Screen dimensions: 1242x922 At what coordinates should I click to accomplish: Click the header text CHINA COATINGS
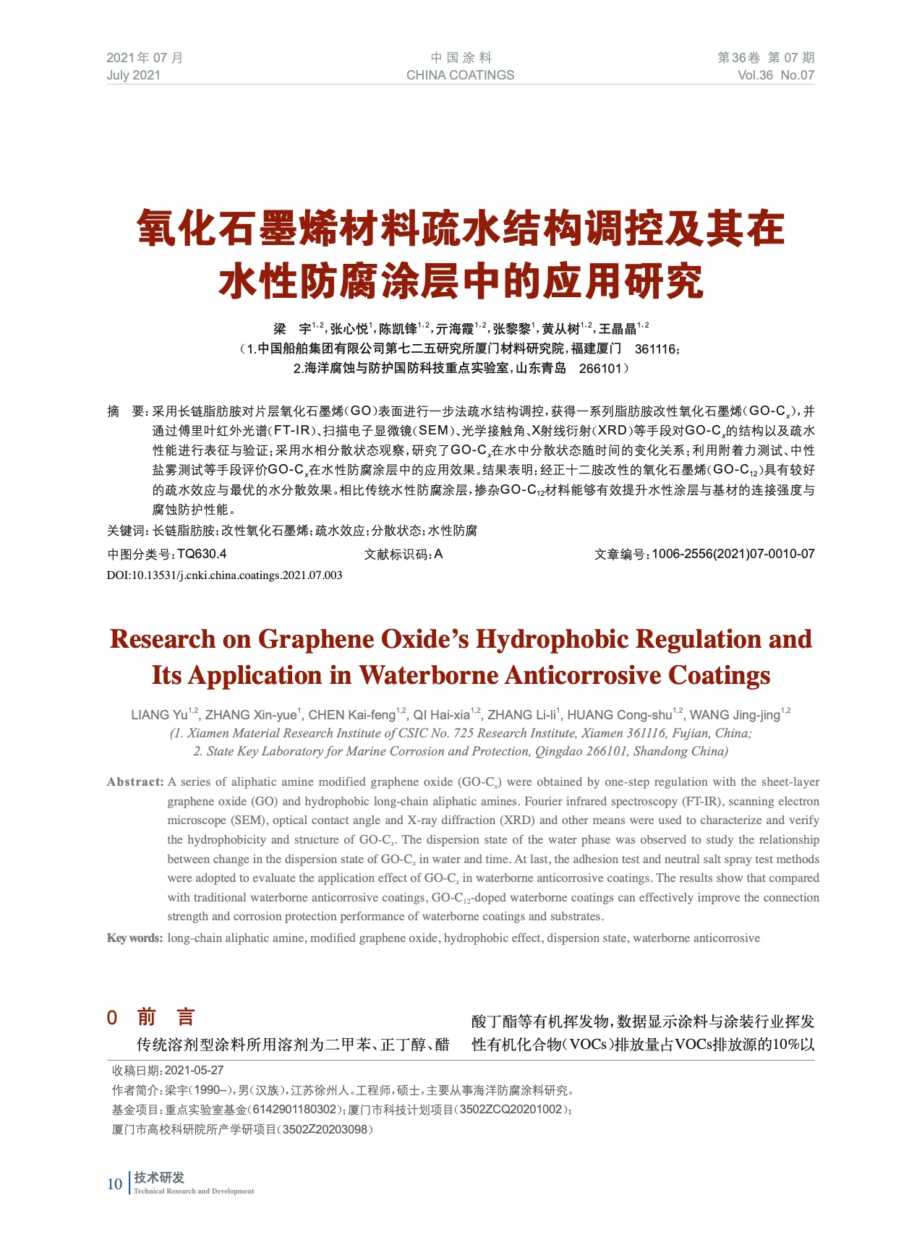(460, 75)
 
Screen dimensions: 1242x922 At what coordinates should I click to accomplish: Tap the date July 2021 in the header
(134, 75)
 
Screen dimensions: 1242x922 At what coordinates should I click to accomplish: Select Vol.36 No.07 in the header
(775, 75)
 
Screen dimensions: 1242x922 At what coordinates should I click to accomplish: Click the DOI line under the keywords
(225, 575)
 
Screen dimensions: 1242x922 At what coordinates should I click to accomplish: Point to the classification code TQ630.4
(202, 554)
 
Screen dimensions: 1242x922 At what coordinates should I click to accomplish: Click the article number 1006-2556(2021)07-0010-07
(733, 554)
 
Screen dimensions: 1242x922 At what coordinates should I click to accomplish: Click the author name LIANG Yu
(160, 715)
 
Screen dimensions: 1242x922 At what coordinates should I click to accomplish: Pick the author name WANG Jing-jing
(735, 715)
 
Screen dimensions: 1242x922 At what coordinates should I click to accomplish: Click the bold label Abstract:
(135, 781)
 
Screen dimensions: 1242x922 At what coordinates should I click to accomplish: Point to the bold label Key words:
(135, 938)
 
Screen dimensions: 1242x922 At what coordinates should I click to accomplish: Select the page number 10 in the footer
(114, 1183)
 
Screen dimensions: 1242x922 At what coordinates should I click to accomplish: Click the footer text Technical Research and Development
(194, 1191)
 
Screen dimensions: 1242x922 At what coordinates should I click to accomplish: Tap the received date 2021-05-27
(194, 1070)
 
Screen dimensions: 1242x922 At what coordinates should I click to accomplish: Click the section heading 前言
(166, 1018)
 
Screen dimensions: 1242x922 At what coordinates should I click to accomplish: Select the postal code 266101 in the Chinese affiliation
(600, 368)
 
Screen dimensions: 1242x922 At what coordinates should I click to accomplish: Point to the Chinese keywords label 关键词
(127, 531)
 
